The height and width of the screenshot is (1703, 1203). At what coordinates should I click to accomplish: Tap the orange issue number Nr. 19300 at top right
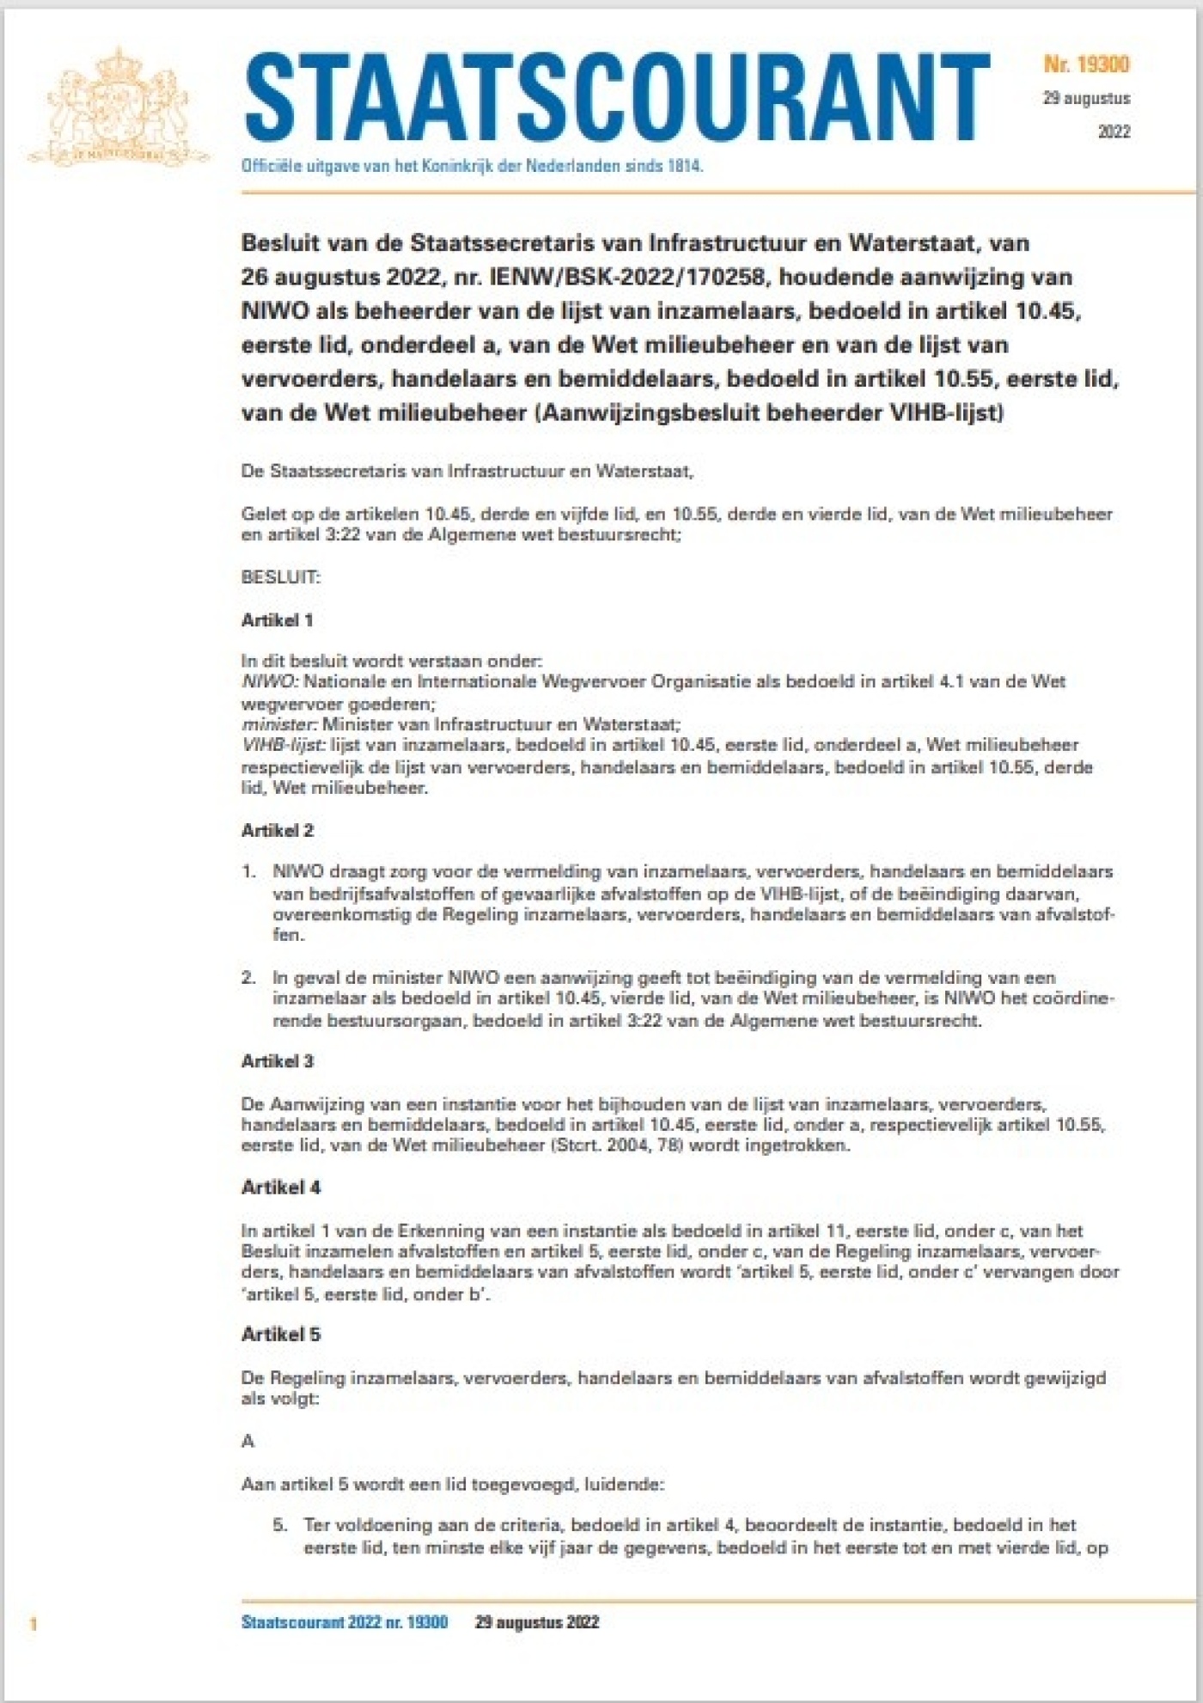pyautogui.click(x=1086, y=64)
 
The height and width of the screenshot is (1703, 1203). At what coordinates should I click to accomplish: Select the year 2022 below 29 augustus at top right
pyautogui.click(x=1114, y=131)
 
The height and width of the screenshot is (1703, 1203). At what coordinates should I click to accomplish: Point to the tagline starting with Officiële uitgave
pyautogui.click(x=472, y=167)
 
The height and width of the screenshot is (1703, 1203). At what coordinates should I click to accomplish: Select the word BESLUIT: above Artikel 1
pyautogui.click(x=281, y=577)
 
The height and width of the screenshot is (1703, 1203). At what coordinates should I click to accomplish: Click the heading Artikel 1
pyautogui.click(x=277, y=620)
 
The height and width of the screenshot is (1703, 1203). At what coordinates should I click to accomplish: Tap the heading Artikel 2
pyautogui.click(x=278, y=830)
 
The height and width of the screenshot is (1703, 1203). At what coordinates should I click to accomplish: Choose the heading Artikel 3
pyautogui.click(x=278, y=1061)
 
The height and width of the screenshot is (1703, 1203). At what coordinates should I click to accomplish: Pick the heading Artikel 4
pyautogui.click(x=281, y=1187)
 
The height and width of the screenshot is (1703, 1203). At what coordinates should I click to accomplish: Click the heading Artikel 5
pyautogui.click(x=281, y=1334)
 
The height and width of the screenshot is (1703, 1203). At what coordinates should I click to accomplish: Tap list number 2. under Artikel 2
pyautogui.click(x=248, y=977)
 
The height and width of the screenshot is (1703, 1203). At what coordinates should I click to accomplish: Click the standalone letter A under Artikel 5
pyautogui.click(x=247, y=1441)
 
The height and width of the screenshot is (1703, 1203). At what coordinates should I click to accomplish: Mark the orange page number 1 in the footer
pyautogui.click(x=34, y=1623)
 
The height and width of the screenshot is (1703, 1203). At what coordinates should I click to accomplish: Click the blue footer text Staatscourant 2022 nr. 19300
pyautogui.click(x=345, y=1622)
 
